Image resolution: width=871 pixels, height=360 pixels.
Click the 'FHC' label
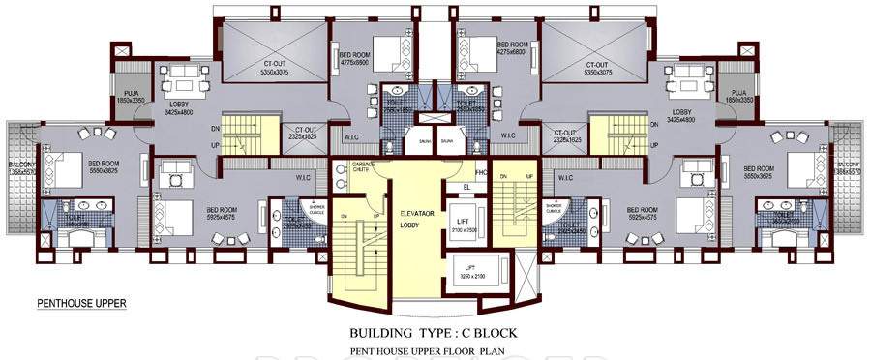tap(478, 170)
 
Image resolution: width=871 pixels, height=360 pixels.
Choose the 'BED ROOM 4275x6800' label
tap(513, 48)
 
